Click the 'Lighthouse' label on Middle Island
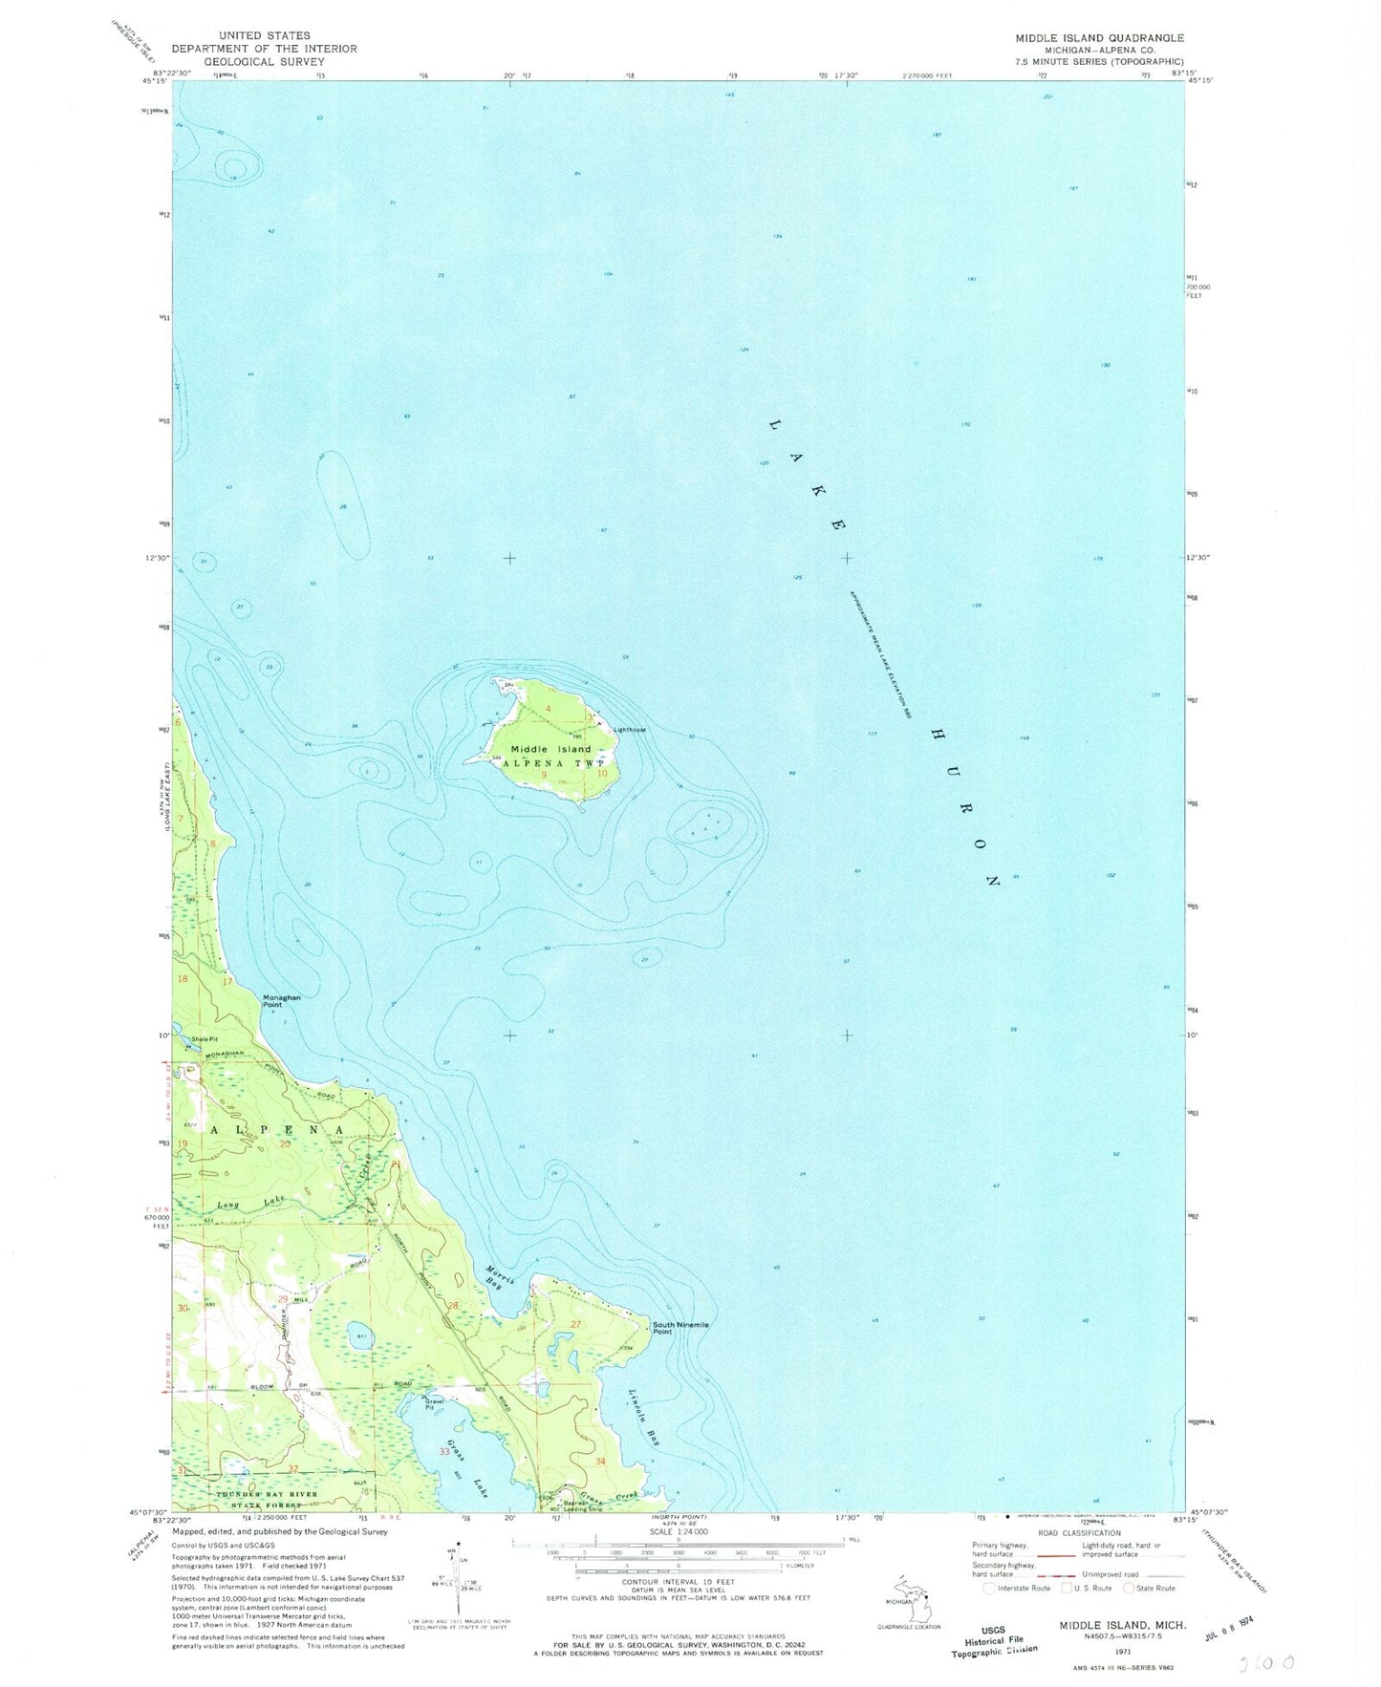630,730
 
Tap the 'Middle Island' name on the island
550,749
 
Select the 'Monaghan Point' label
281,1000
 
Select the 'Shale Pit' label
205,1039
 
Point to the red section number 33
444,1452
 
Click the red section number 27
576,1323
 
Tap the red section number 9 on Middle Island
544,775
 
